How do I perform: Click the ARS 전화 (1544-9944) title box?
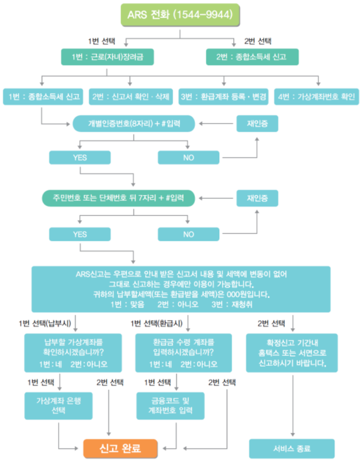[x=180, y=15]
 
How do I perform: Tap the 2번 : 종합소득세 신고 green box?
[x=253, y=56]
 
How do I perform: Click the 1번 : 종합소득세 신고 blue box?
[x=42, y=96]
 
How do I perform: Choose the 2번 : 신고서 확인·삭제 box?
[x=131, y=96]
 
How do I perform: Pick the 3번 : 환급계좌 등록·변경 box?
[x=224, y=96]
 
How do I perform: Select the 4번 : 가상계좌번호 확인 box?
[x=317, y=96]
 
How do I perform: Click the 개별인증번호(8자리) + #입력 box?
[x=134, y=124]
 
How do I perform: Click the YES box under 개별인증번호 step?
[x=80, y=158]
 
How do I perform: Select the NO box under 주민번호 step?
[x=189, y=234]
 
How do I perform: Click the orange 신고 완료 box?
[x=120, y=447]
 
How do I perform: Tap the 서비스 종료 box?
[x=292, y=448]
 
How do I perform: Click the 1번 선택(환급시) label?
[x=156, y=324]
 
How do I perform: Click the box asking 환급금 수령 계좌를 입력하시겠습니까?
[x=184, y=353]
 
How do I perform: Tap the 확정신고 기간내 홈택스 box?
[x=292, y=353]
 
